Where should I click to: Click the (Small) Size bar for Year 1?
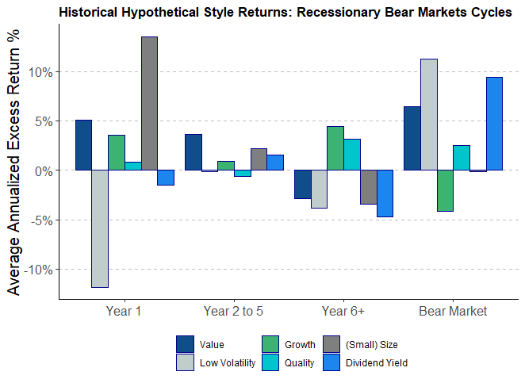coord(149,103)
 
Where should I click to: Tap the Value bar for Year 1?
coord(83,145)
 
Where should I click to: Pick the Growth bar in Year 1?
coord(117,152)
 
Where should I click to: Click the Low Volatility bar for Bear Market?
coord(428,114)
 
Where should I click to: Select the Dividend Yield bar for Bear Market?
coord(494,124)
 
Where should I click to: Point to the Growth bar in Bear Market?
coord(445,190)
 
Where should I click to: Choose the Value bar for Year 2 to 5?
coord(193,152)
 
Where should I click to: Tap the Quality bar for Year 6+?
coord(352,155)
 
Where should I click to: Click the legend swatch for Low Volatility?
coord(185,362)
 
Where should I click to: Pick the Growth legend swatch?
coord(270,344)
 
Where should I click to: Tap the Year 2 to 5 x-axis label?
coord(233,311)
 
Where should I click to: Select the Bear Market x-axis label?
coord(453,311)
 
